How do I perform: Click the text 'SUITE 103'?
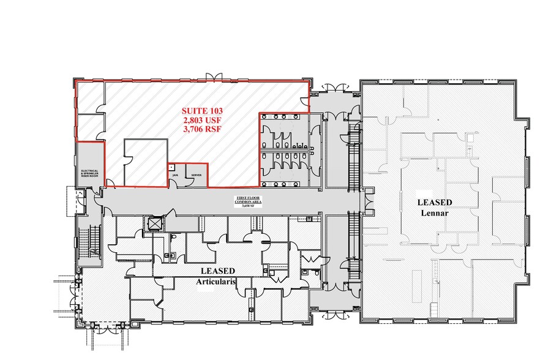[202, 111]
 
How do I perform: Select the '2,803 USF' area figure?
[202, 120]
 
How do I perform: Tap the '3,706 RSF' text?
[202, 129]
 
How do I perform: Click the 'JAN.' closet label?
[174, 175]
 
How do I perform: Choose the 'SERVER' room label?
[196, 175]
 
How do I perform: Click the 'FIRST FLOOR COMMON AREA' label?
[249, 201]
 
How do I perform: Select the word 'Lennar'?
[435, 213]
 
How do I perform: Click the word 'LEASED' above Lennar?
[435, 202]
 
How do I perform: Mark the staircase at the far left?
[94, 242]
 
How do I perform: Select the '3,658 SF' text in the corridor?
[249, 207]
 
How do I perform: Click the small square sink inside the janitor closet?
[171, 167]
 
